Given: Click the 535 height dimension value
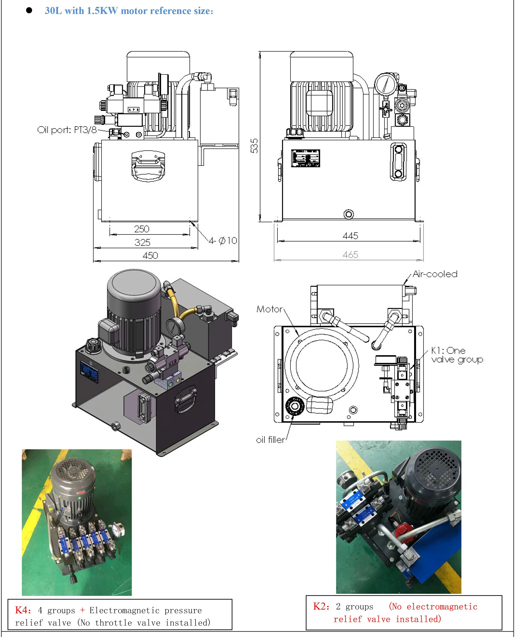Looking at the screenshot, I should tap(254, 146).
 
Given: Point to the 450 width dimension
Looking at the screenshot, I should tap(150, 255).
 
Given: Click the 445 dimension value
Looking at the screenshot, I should tap(350, 236).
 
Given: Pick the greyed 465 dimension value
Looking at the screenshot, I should tap(350, 254).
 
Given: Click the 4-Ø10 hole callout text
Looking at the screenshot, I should tap(223, 240).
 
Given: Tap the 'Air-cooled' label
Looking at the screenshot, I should tap(435, 274).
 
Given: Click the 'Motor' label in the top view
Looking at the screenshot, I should tap(269, 309).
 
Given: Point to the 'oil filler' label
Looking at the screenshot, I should tap(270, 440).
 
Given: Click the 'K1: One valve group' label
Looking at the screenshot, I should tap(457, 355).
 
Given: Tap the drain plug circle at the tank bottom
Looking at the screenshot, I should tap(349, 214).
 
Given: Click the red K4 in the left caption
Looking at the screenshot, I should tap(23, 610).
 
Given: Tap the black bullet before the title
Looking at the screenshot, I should tap(29, 11).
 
